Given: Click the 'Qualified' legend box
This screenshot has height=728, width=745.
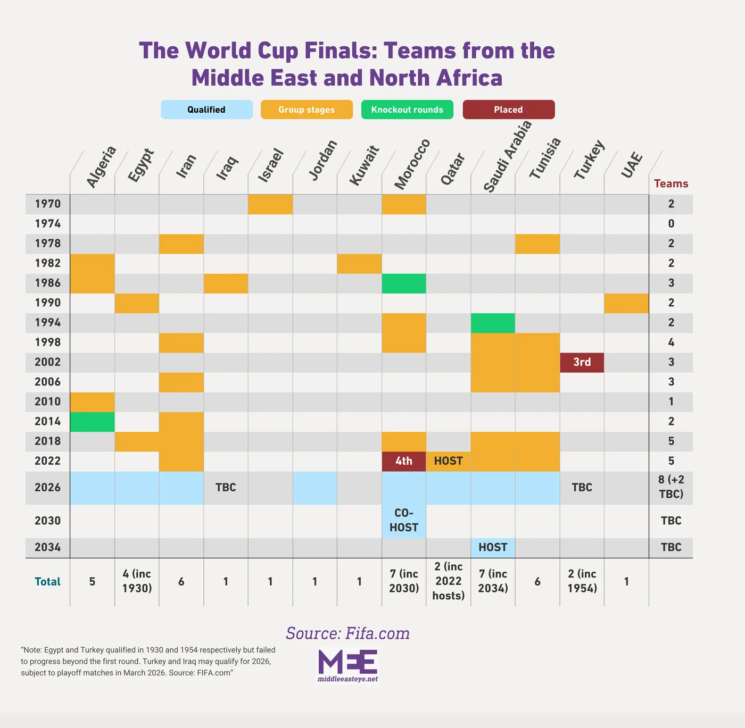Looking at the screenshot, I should tap(206, 110).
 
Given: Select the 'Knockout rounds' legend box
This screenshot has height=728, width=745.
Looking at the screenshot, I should tap(407, 110).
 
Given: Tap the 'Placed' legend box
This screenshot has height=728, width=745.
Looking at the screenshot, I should tap(508, 110).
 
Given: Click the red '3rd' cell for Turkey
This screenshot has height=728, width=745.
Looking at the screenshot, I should tap(582, 362).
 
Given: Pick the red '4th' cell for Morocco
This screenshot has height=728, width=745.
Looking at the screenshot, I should tap(403, 461).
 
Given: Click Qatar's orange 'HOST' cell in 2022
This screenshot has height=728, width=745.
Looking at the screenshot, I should tap(448, 461).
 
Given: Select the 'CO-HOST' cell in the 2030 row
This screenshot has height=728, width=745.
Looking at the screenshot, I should tap(403, 520).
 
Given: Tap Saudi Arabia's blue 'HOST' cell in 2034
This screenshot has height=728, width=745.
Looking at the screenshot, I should tap(493, 547).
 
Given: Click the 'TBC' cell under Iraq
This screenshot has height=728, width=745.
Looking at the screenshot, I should tap(226, 488).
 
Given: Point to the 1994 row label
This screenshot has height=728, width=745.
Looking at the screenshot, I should tap(48, 323).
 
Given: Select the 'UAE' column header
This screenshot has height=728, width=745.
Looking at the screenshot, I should tap(632, 165).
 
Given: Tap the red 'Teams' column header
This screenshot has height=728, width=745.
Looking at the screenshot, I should tap(670, 184).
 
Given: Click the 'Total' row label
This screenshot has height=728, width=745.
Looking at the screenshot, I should tap(48, 582).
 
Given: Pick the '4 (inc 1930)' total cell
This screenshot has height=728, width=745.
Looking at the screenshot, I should tap(137, 581).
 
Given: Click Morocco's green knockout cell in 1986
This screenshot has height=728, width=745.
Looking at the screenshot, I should tap(403, 283).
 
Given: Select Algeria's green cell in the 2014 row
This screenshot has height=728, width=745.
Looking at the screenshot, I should tap(92, 422).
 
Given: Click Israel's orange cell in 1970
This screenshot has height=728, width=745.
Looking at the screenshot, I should tap(270, 204).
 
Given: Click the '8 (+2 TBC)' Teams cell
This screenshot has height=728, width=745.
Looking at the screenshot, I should tap(670, 487).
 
